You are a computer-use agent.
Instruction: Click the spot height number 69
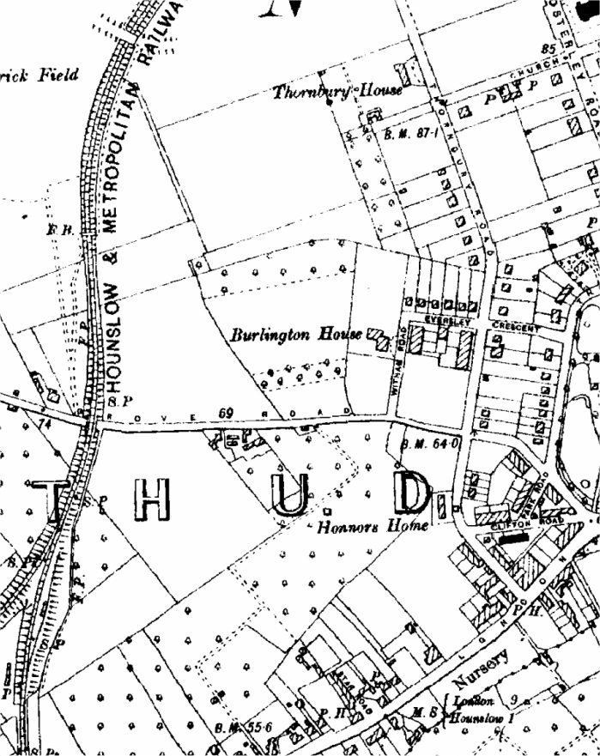tap(227, 413)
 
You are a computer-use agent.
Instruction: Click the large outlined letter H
tap(151, 501)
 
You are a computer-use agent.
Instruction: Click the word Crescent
tap(517, 328)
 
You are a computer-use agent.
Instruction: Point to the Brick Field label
tap(39, 76)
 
